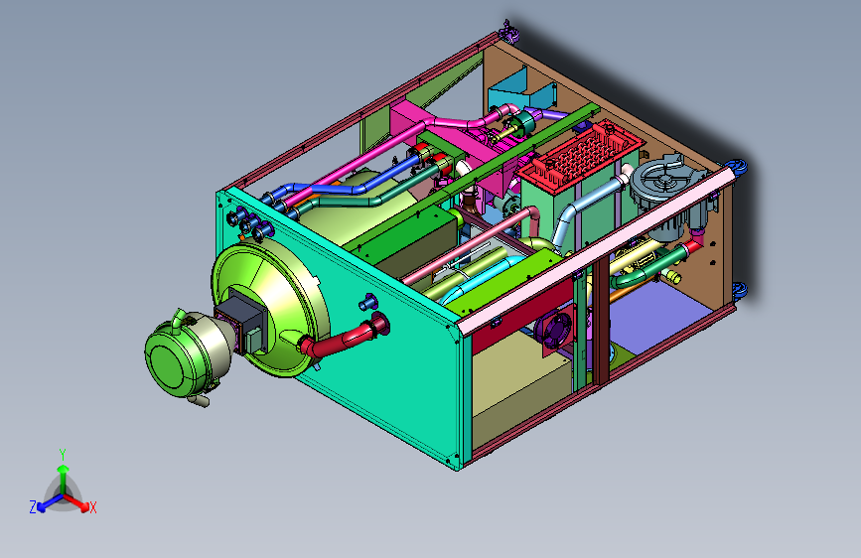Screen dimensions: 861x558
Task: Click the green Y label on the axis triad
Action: [63, 455]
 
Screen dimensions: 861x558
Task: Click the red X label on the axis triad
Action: [92, 507]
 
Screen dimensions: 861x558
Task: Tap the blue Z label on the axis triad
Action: [33, 507]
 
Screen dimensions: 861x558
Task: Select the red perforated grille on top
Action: [582, 150]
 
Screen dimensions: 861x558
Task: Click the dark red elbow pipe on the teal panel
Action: [345, 335]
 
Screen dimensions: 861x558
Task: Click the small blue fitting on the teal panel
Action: [366, 302]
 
